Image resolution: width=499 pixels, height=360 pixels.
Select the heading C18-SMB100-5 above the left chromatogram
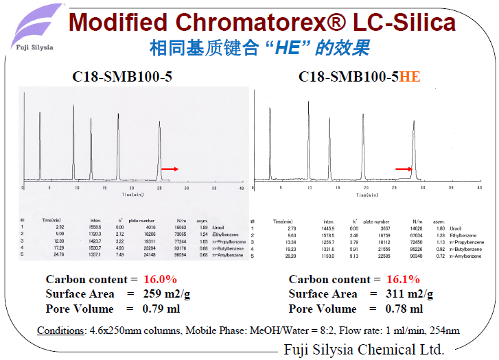122,77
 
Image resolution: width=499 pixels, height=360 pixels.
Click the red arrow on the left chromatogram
170,168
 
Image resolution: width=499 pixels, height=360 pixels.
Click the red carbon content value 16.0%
161,279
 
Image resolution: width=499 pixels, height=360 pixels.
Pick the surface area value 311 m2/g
410,293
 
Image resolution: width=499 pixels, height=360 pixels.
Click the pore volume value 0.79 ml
161,309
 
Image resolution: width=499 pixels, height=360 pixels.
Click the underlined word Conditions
60,330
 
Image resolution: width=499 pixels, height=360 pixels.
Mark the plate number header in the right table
377,221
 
